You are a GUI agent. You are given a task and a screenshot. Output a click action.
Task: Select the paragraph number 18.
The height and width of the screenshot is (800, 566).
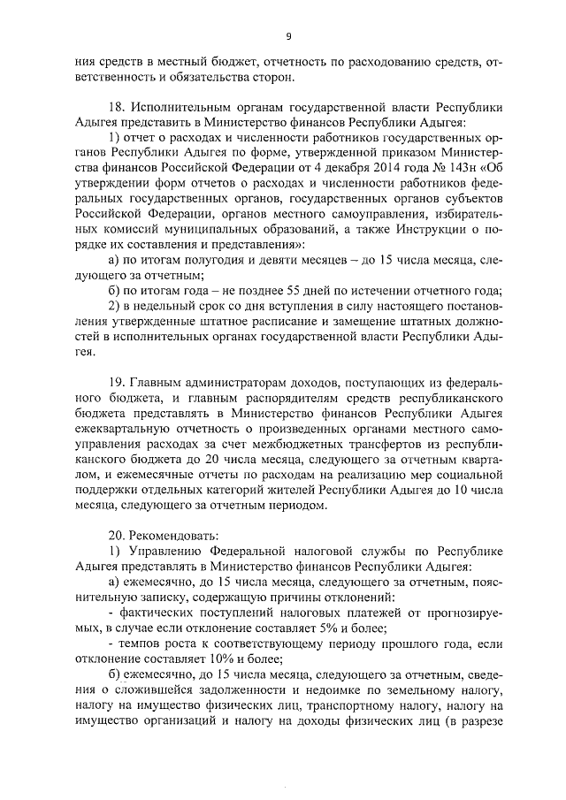pos(114,108)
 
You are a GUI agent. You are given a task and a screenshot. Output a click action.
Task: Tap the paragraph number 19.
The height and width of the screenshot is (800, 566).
pos(114,383)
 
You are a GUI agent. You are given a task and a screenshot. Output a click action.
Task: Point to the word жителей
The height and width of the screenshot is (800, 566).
pos(291,491)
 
